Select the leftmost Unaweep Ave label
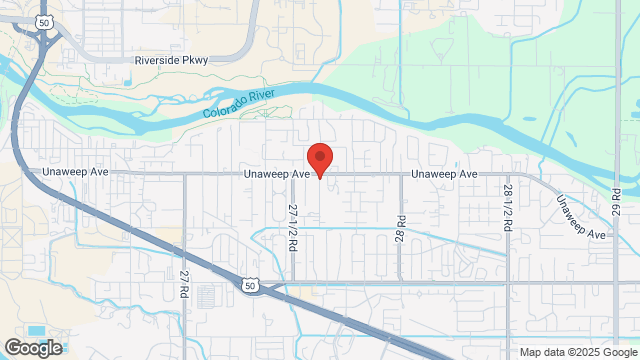75,173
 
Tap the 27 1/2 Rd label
293,227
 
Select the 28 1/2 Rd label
509,208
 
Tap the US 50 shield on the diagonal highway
249,286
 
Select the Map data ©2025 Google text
577,352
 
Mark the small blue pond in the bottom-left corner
37,331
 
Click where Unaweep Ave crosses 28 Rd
401,173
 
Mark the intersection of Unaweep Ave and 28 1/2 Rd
509,173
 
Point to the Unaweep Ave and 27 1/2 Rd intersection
293,173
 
